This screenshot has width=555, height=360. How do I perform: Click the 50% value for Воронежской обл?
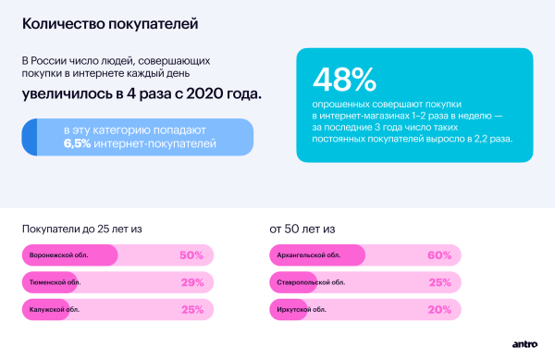click(191, 255)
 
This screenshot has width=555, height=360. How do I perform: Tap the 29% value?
click(191, 282)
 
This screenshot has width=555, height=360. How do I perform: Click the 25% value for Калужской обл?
click(191, 309)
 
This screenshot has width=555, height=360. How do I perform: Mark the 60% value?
click(438, 255)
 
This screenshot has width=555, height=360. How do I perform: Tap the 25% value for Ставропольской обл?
click(438, 282)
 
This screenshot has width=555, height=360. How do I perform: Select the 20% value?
click(438, 309)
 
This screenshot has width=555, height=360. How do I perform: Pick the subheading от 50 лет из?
click(302, 227)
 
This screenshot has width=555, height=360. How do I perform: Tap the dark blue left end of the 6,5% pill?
click(30, 137)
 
